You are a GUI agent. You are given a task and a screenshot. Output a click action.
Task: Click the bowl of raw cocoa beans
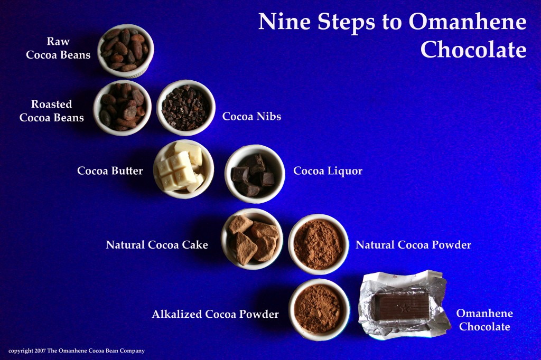tap(126, 50)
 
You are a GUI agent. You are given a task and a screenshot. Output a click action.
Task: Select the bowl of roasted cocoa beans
tap(123, 108)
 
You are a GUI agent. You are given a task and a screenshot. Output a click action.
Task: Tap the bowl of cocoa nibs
tap(185, 108)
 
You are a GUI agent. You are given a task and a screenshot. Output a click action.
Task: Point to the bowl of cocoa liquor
tap(254, 174)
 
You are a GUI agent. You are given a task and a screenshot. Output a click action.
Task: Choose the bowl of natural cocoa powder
tap(319, 244)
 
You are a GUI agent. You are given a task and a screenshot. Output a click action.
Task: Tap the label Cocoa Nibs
tap(251, 117)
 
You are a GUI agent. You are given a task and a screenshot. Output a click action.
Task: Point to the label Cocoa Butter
tap(110, 171)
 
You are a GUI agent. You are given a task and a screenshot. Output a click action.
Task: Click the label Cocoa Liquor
tap(328, 171)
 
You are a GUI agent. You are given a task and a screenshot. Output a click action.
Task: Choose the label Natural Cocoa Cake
tap(157, 245)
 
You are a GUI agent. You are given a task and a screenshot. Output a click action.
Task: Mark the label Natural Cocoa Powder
tap(413, 245)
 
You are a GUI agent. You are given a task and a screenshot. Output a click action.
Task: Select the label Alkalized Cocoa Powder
tap(215, 315)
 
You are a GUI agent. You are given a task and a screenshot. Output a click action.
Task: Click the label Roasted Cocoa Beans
tap(52, 111)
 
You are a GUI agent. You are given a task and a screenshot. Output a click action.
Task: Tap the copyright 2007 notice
tap(77, 350)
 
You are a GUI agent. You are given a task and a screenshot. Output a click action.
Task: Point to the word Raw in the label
tap(58, 41)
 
